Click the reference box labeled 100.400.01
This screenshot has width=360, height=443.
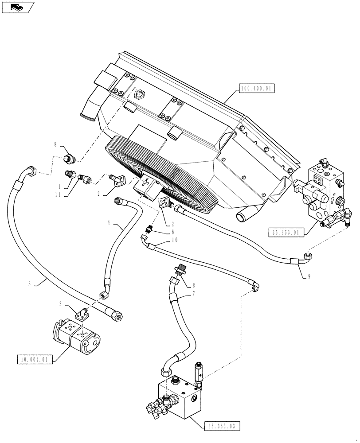(257, 89)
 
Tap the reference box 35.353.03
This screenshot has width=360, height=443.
(223, 426)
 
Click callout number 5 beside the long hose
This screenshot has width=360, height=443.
(30, 284)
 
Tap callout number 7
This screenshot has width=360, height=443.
(193, 293)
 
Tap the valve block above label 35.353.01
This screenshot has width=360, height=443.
(323, 190)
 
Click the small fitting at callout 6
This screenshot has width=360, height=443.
(149, 229)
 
